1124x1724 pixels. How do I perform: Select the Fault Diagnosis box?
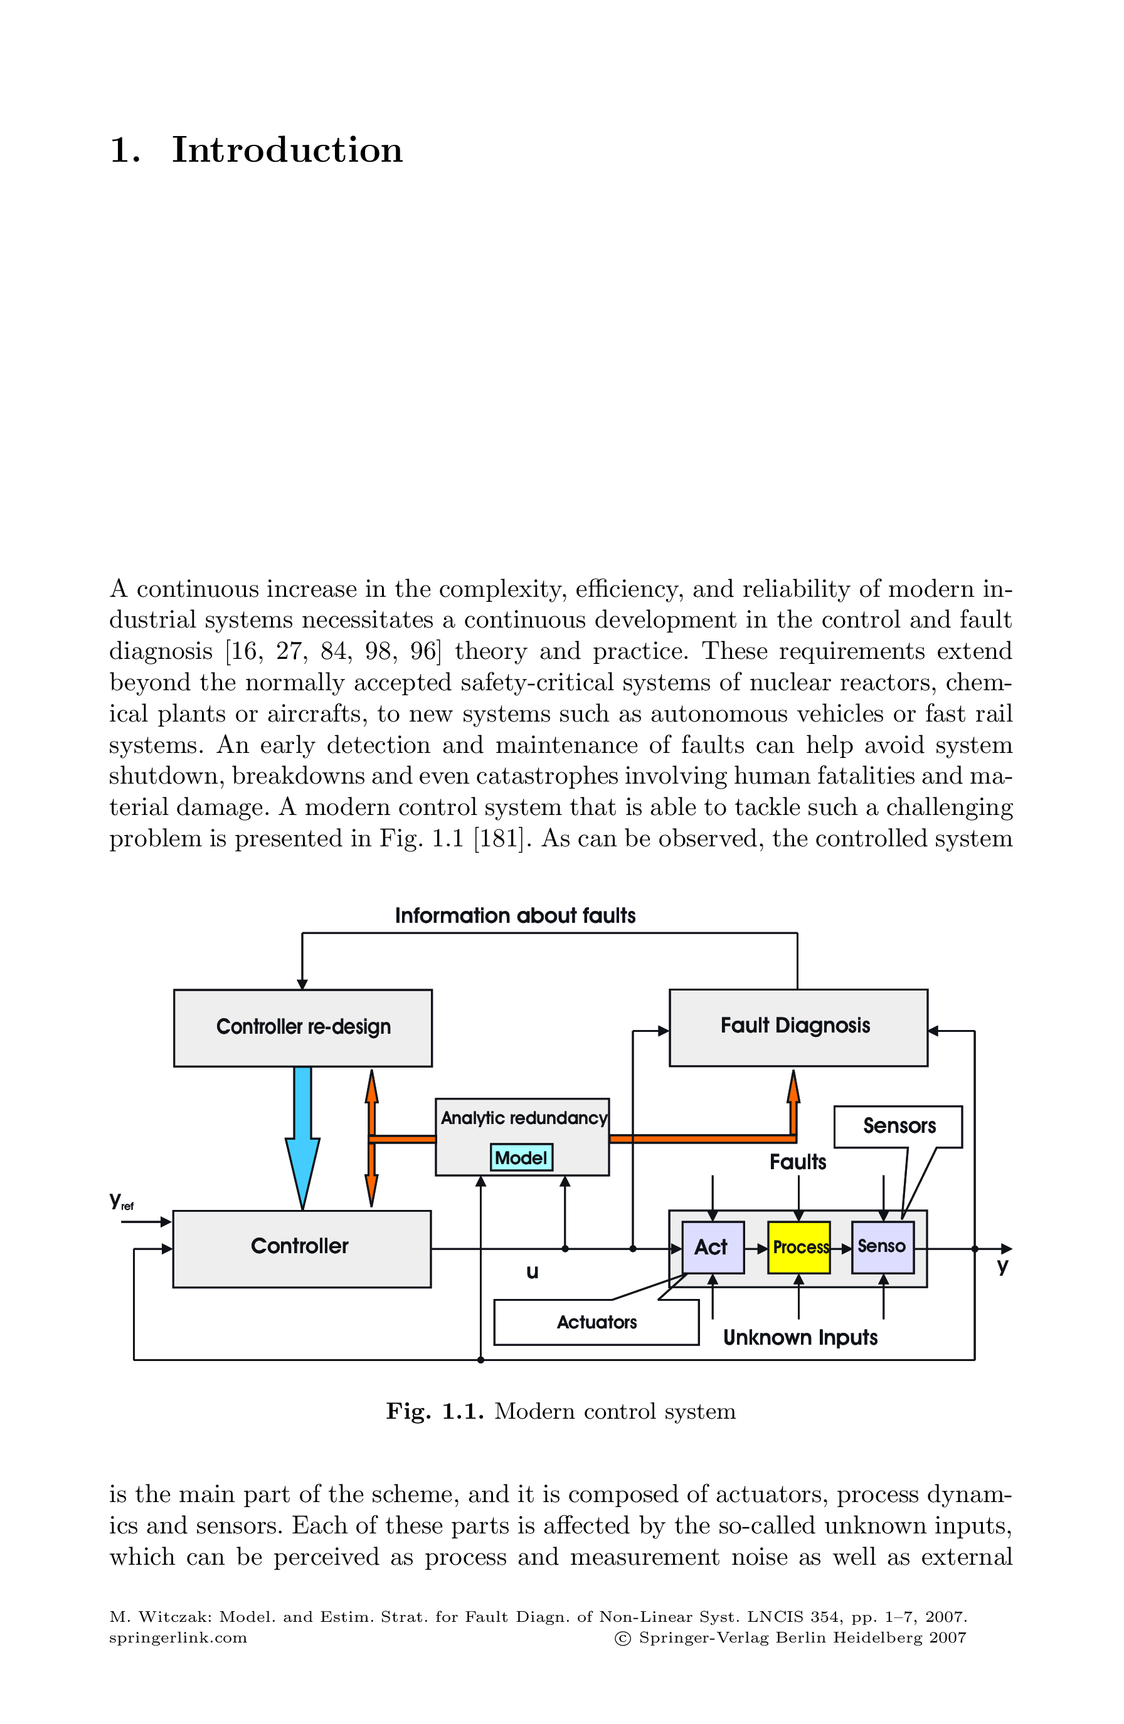pyautogui.click(x=797, y=1026)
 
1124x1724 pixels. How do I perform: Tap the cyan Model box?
pyautogui.click(x=521, y=1157)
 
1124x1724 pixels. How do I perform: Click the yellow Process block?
pyautogui.click(x=798, y=1247)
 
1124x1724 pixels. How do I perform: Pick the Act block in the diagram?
pyautogui.click(x=713, y=1247)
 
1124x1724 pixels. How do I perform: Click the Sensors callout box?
pyautogui.click(x=898, y=1126)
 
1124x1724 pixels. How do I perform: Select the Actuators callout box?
pyautogui.click(x=596, y=1323)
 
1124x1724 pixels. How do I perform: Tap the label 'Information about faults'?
pyautogui.click(x=514, y=916)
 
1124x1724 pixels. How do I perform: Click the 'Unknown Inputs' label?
pyautogui.click(x=800, y=1337)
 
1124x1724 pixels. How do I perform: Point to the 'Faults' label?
pyautogui.click(x=797, y=1162)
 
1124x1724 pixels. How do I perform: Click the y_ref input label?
pyautogui.click(x=121, y=1201)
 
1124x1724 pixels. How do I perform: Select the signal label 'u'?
pyautogui.click(x=532, y=1272)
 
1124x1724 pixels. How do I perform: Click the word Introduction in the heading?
pyautogui.click(x=287, y=150)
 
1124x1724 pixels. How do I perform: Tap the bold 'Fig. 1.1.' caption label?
pyautogui.click(x=434, y=1411)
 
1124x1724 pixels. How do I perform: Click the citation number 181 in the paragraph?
pyautogui.click(x=497, y=838)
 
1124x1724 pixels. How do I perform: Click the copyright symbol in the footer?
pyautogui.click(x=622, y=1639)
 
